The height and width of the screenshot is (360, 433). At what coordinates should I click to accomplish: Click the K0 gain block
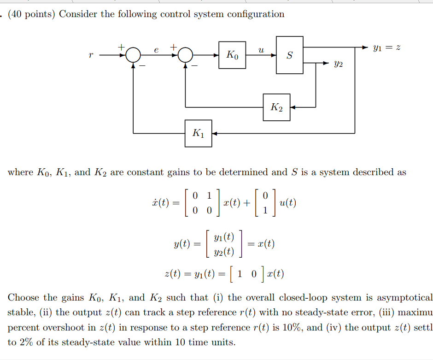pos(232,55)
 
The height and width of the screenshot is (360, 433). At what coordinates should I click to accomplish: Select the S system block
pos(289,55)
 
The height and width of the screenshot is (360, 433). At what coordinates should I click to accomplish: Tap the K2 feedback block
pos(276,107)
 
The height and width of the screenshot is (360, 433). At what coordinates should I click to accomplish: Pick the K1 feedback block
pos(198,134)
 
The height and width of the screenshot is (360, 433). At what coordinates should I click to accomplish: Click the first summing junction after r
pos(133,55)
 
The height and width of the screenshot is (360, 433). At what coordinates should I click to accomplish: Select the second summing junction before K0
pos(185,55)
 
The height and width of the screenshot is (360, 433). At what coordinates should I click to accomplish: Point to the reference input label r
pos(91,55)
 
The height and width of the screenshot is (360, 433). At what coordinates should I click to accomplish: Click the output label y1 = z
pos(386,47)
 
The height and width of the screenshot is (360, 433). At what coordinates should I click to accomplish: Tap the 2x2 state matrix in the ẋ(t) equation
pos(201,203)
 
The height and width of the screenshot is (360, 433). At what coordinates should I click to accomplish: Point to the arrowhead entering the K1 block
pos(215,134)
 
